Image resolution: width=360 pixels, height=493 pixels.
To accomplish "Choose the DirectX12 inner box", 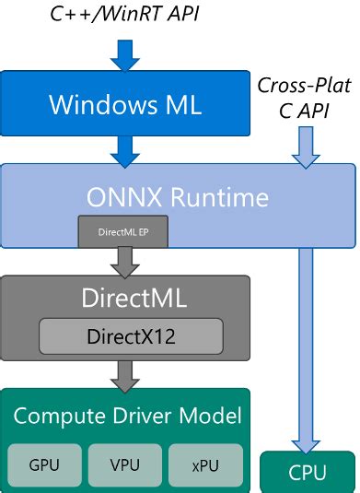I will point(130,335).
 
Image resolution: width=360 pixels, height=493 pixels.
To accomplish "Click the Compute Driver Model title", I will point(127,416).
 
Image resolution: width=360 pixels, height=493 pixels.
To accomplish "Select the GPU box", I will point(43,464).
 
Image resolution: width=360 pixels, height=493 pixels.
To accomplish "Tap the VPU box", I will point(124,464).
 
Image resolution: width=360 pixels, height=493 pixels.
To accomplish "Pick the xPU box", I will point(205,464).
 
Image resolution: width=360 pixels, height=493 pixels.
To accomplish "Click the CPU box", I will point(307,473).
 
